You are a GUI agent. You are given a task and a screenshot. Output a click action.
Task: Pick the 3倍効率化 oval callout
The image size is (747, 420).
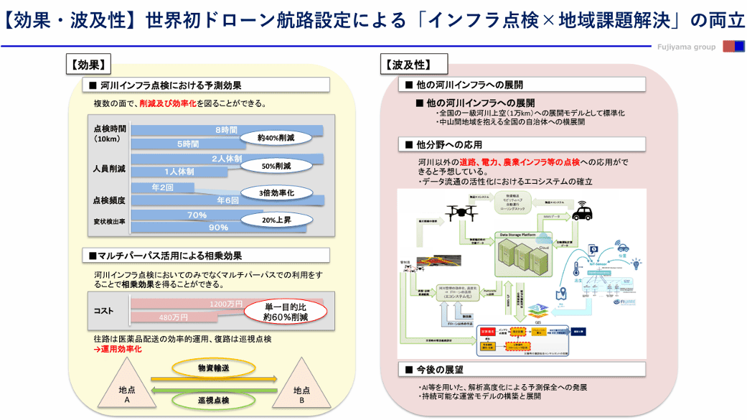tap(276, 193)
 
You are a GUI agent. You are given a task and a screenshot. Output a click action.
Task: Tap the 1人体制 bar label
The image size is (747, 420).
tap(179, 172)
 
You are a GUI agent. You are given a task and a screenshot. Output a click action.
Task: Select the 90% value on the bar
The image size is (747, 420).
tap(217, 228)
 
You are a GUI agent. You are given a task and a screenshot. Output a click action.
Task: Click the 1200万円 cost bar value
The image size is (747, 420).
tap(228, 304)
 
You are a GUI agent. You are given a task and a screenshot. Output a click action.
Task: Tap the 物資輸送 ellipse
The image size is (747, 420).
tap(214, 368)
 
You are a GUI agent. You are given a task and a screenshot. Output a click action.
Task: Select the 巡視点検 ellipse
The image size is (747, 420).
tap(214, 400)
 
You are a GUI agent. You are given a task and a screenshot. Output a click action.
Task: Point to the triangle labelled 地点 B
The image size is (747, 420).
tap(302, 391)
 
